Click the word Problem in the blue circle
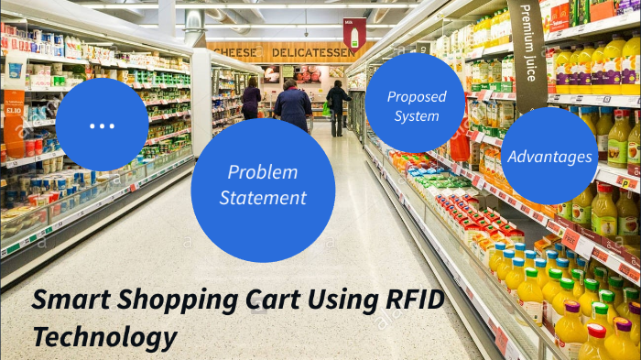coord(263,172)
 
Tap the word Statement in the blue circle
coord(263,197)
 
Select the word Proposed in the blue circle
coord(416,96)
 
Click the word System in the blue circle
coord(416,116)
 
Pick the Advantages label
coord(549,157)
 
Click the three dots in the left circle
coord(102,125)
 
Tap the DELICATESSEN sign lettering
coord(312,52)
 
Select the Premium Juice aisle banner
coord(528,46)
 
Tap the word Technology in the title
coord(105,336)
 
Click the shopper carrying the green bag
coord(337,105)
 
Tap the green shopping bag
coord(326,109)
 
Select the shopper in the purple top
coord(251,98)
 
